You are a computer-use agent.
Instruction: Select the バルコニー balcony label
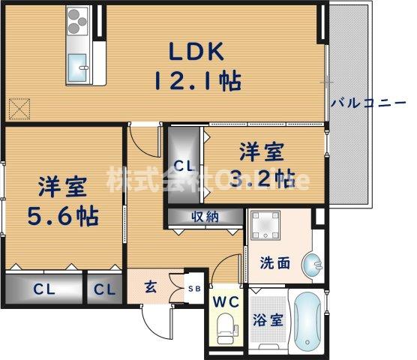372,103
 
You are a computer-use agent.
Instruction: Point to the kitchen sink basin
77,69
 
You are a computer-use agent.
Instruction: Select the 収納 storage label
204,217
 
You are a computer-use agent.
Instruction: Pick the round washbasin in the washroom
312,264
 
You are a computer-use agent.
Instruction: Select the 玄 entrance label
150,285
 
